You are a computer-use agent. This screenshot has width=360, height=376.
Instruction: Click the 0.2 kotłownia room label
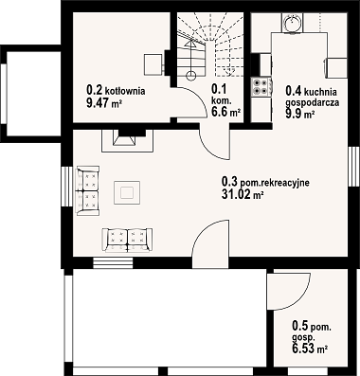point(116,90)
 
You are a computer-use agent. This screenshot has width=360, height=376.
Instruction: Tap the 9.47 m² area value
point(104,103)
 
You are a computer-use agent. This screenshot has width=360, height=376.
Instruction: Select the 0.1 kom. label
point(219,95)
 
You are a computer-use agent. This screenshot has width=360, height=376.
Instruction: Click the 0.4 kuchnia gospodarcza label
point(312,97)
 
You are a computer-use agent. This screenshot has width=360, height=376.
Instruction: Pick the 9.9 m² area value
point(300,114)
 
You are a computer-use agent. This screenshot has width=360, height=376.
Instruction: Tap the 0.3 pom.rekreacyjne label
point(265,182)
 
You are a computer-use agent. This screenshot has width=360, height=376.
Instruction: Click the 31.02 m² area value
point(243,195)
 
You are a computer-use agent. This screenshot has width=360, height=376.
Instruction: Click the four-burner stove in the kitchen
point(261,87)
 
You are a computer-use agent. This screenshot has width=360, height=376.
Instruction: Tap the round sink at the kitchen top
point(293,22)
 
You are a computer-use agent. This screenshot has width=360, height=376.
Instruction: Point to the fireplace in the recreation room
point(127,140)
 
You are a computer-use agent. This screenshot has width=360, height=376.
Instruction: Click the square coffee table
point(127,192)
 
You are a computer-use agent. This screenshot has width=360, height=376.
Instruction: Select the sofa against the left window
point(88,191)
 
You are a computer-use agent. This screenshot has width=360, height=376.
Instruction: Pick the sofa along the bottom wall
point(127,241)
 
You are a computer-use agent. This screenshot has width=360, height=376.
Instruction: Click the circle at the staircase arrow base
point(190,75)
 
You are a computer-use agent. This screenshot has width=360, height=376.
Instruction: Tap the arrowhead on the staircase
point(190,44)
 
